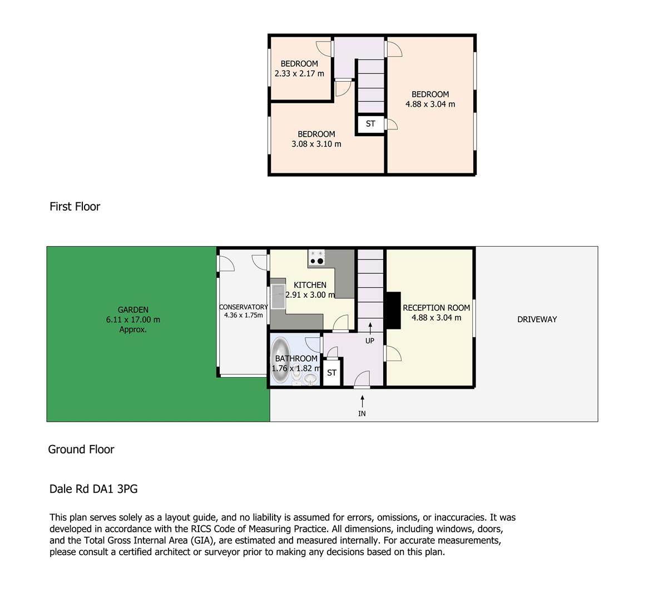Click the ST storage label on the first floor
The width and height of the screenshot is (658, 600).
(370, 124)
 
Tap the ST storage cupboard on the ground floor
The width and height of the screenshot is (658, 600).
(332, 372)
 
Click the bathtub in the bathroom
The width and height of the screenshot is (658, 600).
(280, 361)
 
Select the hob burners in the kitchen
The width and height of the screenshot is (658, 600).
(316, 257)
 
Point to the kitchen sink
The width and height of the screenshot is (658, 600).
(278, 297)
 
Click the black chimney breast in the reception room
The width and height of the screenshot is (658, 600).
(393, 310)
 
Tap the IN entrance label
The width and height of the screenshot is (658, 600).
(362, 413)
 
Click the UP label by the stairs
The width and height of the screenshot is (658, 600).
(370, 341)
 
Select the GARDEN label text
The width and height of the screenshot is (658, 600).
(133, 310)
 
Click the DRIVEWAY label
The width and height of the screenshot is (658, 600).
(537, 319)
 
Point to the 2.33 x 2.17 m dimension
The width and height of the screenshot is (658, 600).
(299, 74)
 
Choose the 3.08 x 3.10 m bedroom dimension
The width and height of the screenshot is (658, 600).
(316, 144)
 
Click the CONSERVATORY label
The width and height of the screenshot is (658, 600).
(244, 307)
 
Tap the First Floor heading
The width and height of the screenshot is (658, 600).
(75, 207)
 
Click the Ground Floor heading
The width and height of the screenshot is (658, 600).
(81, 449)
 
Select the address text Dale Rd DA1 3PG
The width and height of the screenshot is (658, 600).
(93, 489)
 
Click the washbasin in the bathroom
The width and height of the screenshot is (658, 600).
(310, 379)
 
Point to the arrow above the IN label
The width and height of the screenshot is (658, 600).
(362, 401)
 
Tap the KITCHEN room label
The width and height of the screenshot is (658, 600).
(310, 285)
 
